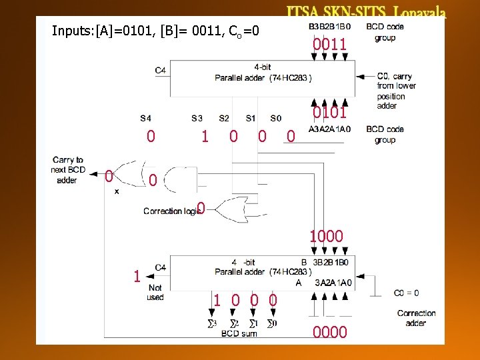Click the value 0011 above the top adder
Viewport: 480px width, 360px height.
click(330, 46)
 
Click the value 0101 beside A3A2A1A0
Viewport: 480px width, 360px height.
click(330, 113)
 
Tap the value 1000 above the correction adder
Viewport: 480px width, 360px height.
click(326, 236)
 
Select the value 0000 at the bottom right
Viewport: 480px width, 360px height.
click(330, 332)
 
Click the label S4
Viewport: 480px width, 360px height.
click(145, 118)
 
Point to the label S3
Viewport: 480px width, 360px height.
click(197, 118)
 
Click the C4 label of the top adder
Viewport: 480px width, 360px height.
click(161, 69)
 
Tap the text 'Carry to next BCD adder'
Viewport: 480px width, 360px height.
click(67, 170)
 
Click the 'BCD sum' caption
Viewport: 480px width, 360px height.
click(239, 333)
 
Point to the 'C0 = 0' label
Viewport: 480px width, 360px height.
click(406, 292)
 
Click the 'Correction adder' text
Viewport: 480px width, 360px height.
click(416, 317)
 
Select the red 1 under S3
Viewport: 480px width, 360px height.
click(205, 137)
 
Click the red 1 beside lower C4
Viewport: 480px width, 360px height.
click(137, 275)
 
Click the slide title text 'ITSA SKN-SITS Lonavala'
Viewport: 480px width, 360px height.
click(366, 12)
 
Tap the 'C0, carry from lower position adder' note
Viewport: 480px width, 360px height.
click(396, 91)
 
